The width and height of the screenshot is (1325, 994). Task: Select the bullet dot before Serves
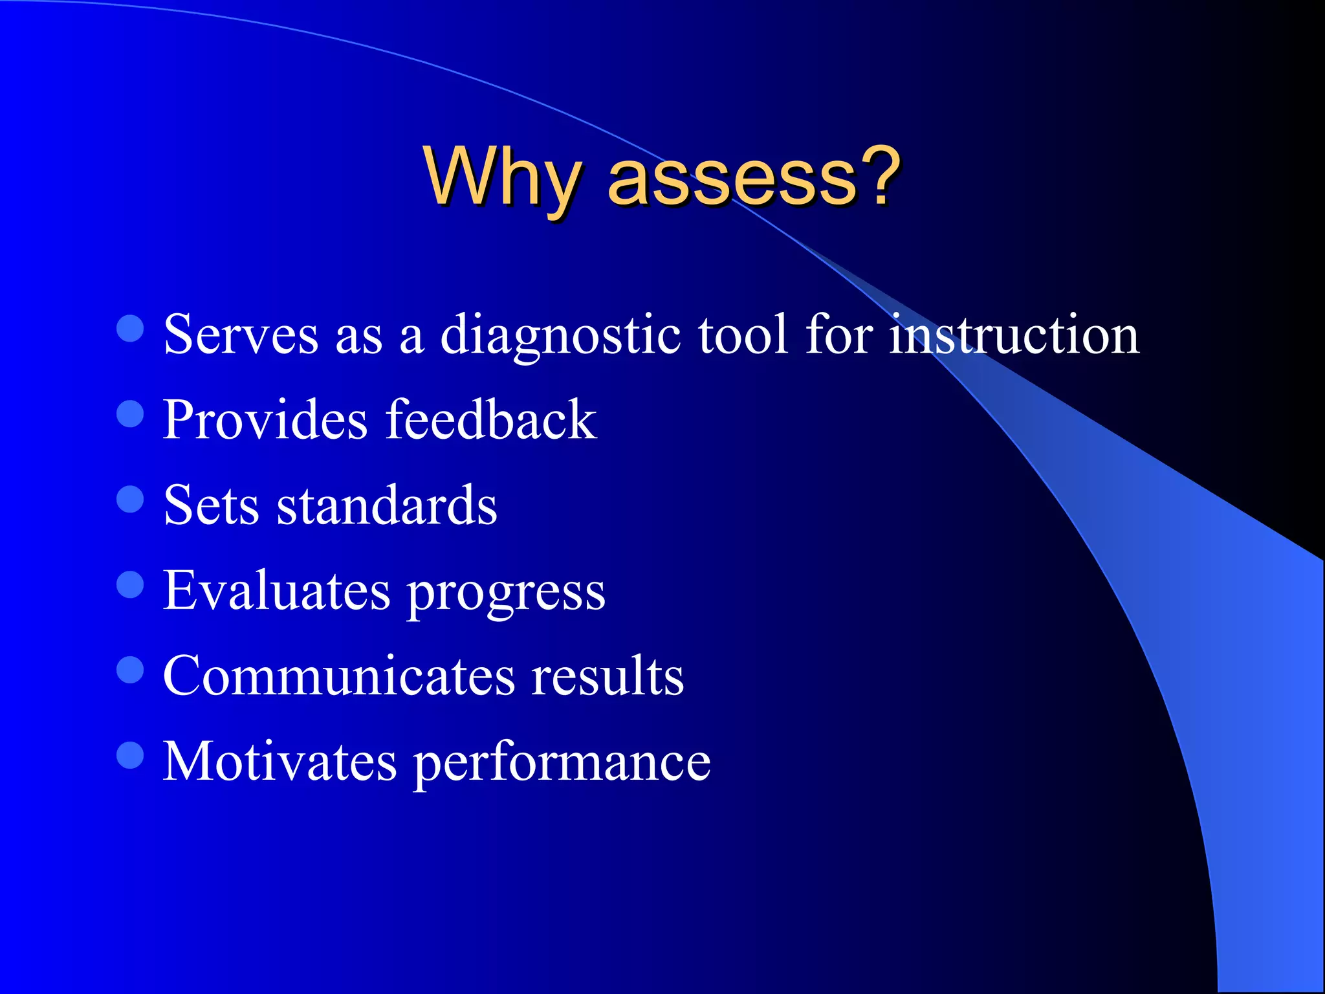(x=130, y=329)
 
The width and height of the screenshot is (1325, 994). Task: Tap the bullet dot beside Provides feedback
(x=130, y=414)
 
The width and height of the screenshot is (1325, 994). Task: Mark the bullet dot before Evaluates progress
(x=130, y=584)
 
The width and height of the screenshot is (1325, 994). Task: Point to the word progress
(x=506, y=594)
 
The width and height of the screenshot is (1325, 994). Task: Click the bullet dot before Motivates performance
(x=130, y=755)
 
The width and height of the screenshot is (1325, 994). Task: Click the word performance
(x=562, y=764)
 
